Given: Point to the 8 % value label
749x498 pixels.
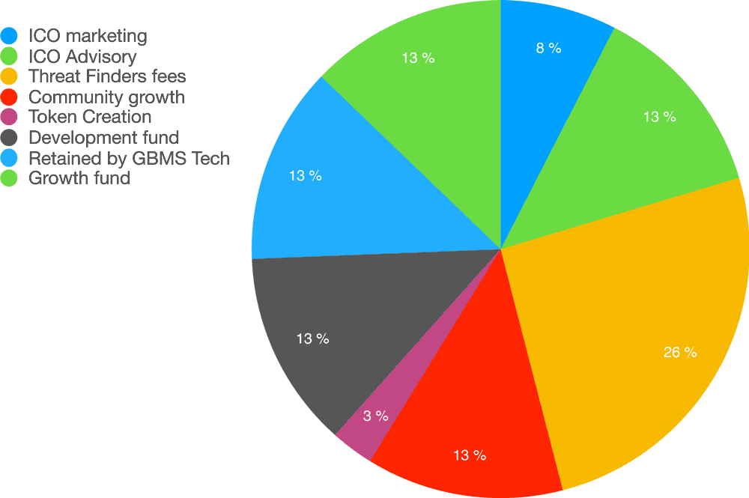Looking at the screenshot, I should coord(548,48).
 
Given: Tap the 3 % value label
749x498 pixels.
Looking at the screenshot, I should coord(375,416).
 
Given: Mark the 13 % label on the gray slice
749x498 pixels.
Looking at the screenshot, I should coord(312,338).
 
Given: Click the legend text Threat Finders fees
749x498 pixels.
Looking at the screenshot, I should coord(107,76).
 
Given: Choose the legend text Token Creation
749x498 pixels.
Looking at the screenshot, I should coord(90,117).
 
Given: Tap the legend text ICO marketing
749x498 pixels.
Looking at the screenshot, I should coord(88,35).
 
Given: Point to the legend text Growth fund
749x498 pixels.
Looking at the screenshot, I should coord(79,178).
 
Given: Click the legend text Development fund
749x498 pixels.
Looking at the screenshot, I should coord(103,137).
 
